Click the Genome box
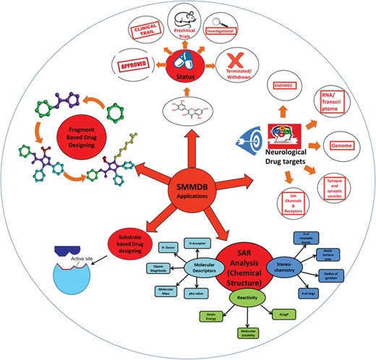pos(340,145)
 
